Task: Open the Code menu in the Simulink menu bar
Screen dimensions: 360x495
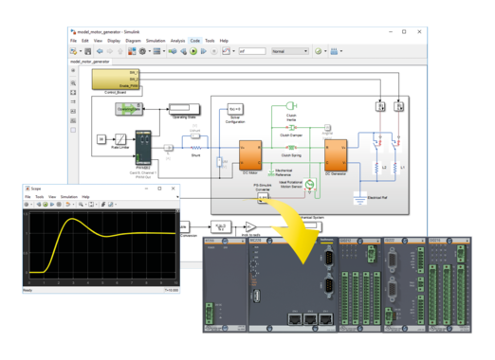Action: [194, 41]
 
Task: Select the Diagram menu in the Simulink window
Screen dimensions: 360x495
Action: [133, 41]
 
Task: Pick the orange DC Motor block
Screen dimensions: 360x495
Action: [250, 154]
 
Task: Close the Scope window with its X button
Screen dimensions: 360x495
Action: [175, 188]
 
